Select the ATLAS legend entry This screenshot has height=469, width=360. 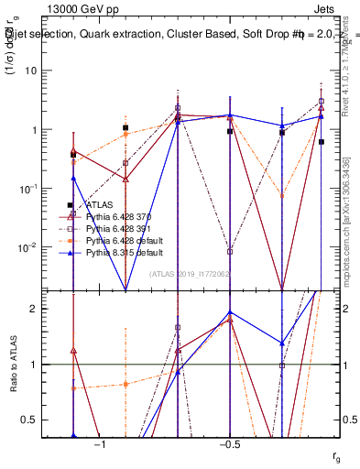(98, 205)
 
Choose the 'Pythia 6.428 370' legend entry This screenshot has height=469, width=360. (116, 217)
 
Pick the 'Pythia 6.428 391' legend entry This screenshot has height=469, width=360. (116, 228)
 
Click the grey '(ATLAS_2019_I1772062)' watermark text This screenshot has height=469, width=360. (189, 274)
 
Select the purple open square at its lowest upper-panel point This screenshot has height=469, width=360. (230, 251)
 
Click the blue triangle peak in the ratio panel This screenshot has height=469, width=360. (230, 312)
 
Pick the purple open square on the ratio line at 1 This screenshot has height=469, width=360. (282, 365)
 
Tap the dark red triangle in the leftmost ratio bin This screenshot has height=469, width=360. (73, 351)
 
